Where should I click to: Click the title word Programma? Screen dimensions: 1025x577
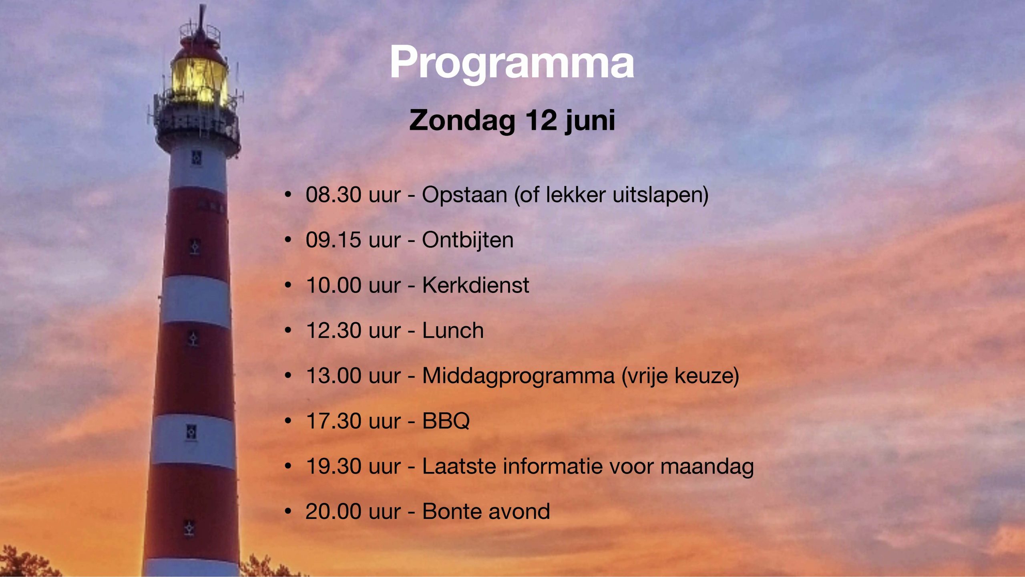(512, 63)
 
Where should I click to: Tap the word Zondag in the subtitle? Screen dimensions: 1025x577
(462, 120)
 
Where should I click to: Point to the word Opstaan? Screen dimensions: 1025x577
(464, 196)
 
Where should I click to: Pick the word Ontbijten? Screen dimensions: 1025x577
(468, 240)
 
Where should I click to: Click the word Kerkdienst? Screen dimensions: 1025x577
(476, 285)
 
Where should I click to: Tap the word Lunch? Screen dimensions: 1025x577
(453, 331)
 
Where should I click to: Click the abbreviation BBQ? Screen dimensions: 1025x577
(446, 421)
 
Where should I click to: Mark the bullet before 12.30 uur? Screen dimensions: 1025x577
(287, 331)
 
